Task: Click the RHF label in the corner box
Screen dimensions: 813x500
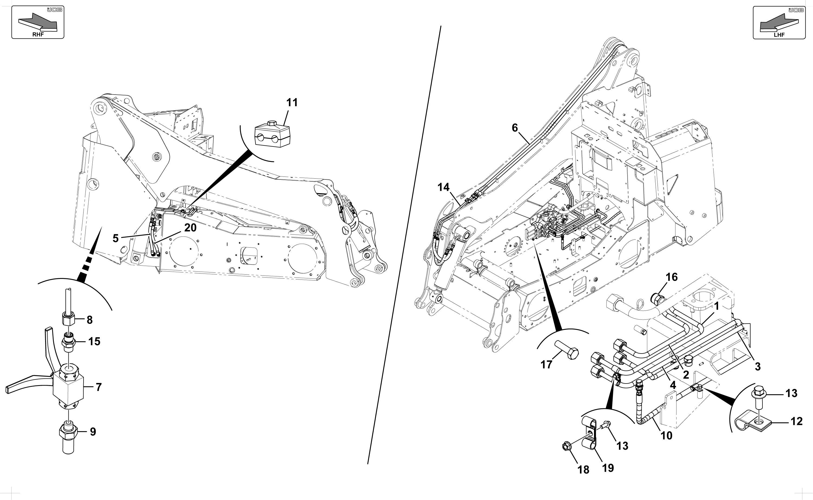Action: tap(38, 35)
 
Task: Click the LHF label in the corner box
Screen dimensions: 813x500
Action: tap(779, 35)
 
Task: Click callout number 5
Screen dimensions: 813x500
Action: tap(115, 238)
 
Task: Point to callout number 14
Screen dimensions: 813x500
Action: tap(444, 188)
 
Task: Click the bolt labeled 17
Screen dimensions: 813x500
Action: tap(567, 351)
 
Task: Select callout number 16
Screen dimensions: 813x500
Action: tap(671, 277)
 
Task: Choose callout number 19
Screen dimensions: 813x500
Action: tap(608, 468)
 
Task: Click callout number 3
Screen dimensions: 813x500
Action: tap(757, 366)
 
